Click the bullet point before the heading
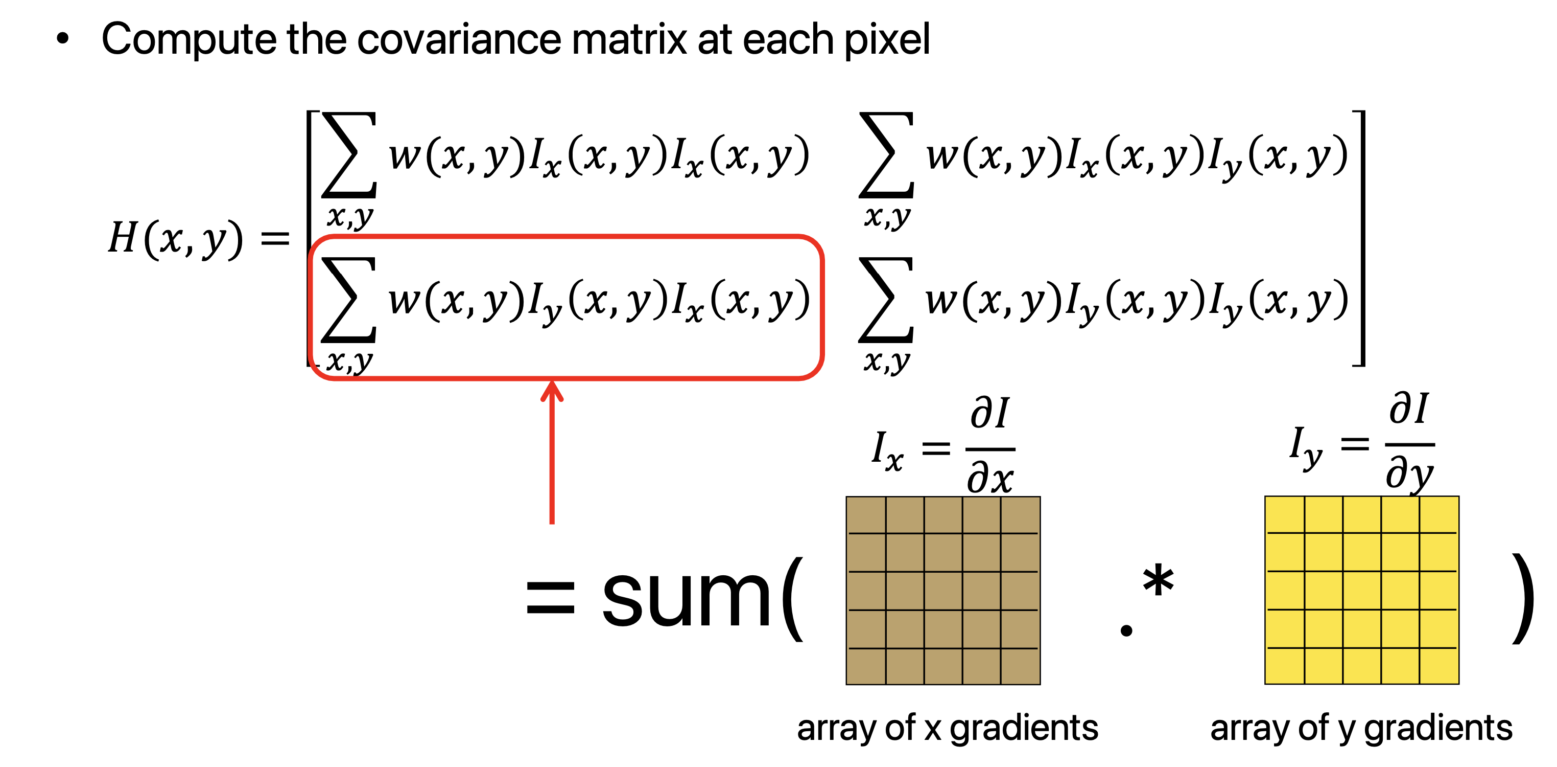(62, 39)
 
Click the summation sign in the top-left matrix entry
(349, 155)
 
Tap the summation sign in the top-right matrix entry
(886, 155)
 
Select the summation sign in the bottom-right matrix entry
(886, 300)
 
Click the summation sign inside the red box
(349, 300)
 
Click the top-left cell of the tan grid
(866, 515)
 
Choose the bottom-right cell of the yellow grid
(1438, 666)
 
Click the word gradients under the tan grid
(1023, 728)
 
